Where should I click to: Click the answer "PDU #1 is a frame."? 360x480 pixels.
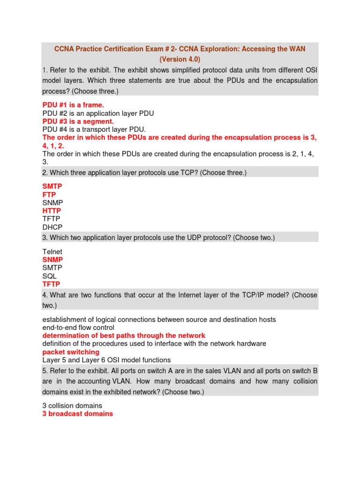tap(73, 105)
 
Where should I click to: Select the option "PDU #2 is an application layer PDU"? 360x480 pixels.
tap(98, 113)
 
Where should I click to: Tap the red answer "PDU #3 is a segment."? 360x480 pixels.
tap(78, 121)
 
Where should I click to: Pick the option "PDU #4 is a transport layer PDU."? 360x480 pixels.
tap(94, 129)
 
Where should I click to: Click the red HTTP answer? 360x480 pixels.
tap(52, 211)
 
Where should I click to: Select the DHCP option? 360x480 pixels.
tap(52, 227)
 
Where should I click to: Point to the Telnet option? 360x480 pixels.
tap(52, 252)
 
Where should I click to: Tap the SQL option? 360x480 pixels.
tap(49, 276)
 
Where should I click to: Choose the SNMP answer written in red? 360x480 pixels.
tap(52, 260)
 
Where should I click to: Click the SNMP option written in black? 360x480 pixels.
tap(52, 202)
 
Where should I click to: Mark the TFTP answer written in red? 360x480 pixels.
tap(51, 284)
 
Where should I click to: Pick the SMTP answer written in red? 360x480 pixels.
tap(52, 186)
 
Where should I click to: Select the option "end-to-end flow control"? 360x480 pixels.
tap(78, 328)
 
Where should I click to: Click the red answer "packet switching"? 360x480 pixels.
tap(71, 352)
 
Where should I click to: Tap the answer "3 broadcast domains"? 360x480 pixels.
tap(78, 414)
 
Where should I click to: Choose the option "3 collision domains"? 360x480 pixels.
tap(72, 405)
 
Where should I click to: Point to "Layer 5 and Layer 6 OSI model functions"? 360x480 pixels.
tap(106, 360)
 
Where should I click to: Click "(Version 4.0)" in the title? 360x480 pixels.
tap(180, 60)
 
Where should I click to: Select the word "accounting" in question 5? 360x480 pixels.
tap(91, 382)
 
